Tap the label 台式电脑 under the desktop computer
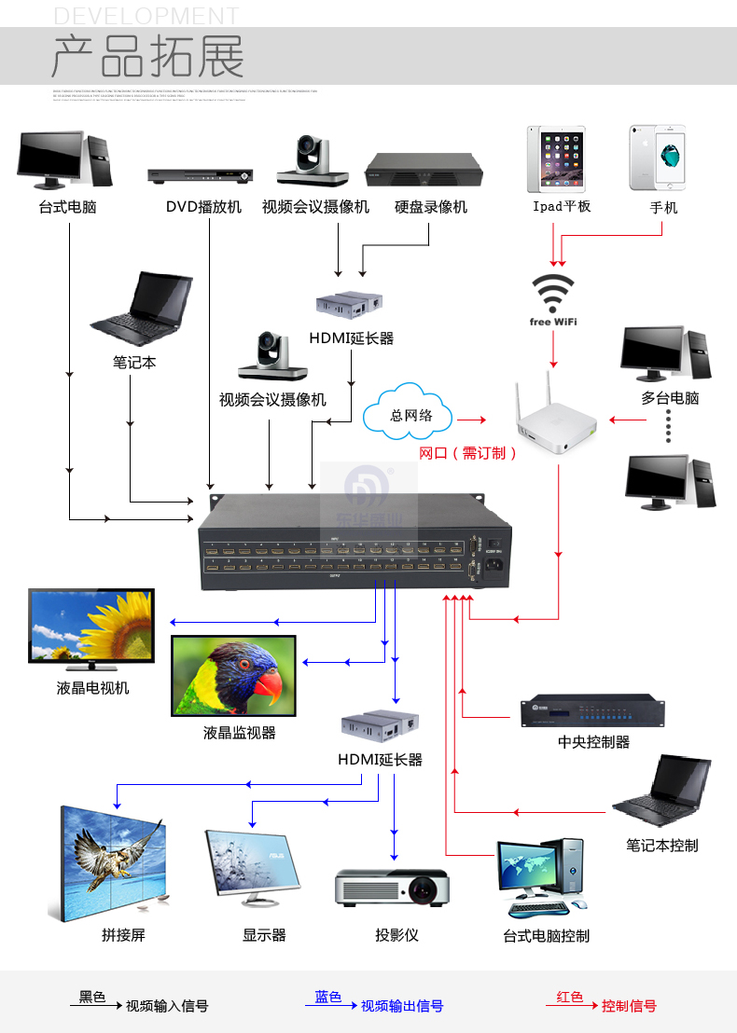[67, 207]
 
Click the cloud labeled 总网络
[410, 415]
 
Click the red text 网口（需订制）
[467, 453]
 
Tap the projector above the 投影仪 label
[395, 887]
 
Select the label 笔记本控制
[661, 846]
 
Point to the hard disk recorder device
[429, 172]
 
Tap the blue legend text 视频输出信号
[401, 1007]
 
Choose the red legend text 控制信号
[629, 1007]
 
